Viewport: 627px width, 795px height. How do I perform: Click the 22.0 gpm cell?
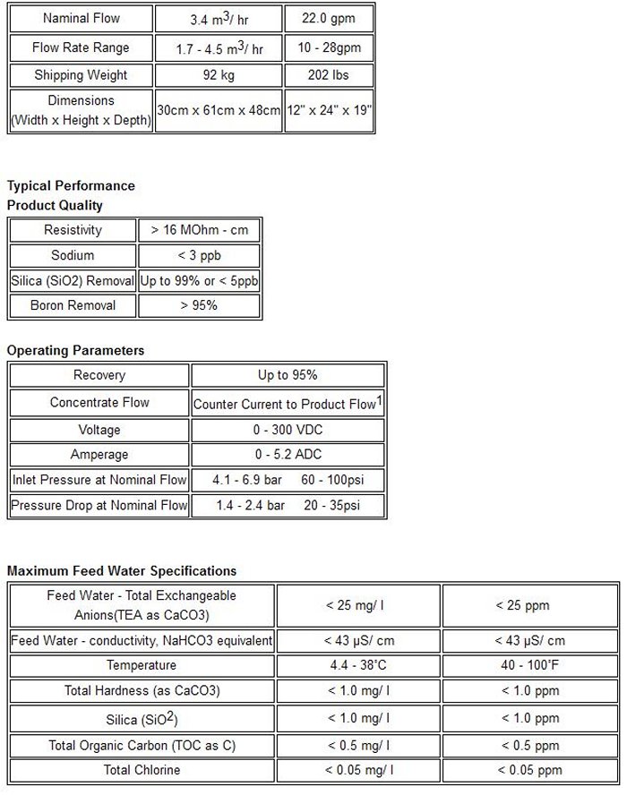[329, 19]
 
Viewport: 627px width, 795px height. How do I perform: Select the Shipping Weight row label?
[81, 75]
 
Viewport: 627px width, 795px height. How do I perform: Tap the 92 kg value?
[218, 75]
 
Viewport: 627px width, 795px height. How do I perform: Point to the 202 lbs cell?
[329, 75]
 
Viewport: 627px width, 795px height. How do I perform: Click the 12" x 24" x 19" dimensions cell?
[329, 111]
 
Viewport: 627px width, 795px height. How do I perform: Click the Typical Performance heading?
[71, 186]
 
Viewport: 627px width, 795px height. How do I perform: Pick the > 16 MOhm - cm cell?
[200, 230]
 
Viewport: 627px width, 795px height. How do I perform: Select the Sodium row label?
[73, 255]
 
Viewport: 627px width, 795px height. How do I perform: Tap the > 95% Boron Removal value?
[200, 305]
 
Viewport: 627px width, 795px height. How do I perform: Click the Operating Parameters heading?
[75, 350]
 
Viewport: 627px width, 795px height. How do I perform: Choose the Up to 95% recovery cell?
[288, 375]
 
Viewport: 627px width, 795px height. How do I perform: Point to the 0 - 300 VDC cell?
[288, 430]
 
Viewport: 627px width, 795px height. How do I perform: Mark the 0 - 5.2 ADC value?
[288, 455]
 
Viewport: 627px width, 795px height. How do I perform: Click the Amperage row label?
[99, 455]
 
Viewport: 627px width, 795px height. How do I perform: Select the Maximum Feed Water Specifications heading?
[122, 570]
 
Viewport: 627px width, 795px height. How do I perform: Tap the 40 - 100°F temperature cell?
[529, 665]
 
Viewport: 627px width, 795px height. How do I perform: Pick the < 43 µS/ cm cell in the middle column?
[357, 640]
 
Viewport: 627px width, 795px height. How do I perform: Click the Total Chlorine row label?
[142, 770]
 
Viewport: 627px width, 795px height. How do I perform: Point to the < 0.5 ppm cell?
[529, 745]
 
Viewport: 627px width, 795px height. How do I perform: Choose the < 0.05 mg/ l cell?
[357, 770]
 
